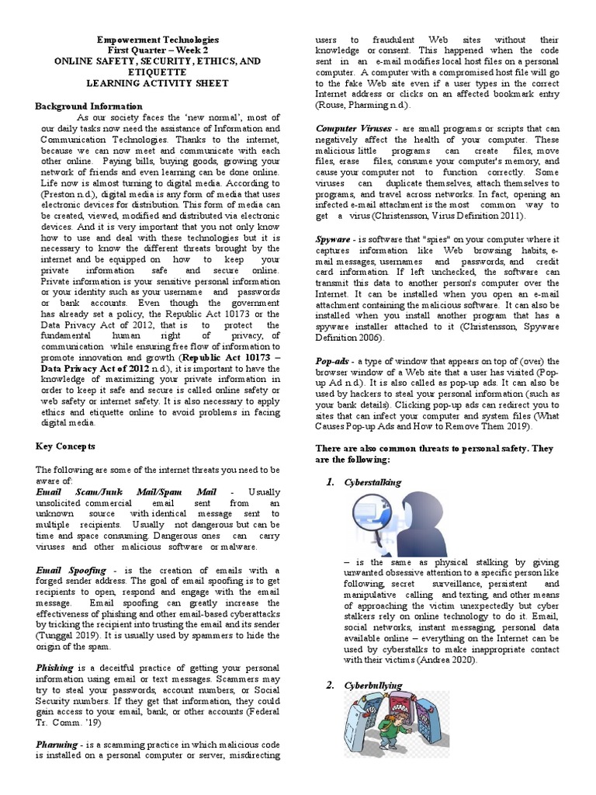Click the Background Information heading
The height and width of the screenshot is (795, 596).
click(x=89, y=106)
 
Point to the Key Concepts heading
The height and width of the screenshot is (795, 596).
click(x=66, y=447)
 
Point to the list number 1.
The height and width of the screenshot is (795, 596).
click(x=329, y=482)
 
